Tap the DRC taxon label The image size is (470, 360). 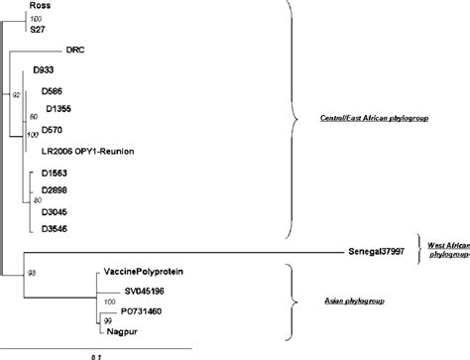[x=75, y=49]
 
